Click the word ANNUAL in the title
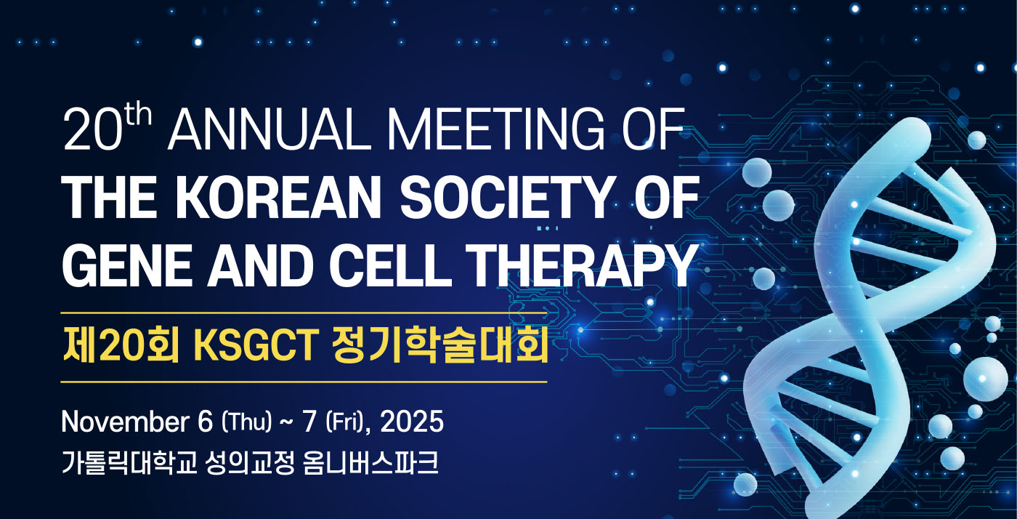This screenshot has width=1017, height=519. pos(269,129)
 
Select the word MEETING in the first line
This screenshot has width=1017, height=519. pos(495,129)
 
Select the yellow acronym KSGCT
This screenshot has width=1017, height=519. pos(256,345)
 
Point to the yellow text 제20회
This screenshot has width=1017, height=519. pos(121,345)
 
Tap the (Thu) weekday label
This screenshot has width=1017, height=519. pos(247,422)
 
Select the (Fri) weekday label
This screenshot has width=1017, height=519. pos(345,422)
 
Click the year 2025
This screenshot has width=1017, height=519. pos(412,422)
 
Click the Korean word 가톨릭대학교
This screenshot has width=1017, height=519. pos(129,463)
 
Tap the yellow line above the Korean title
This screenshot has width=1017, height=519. pos(304,313)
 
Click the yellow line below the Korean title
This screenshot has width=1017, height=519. pos(304,382)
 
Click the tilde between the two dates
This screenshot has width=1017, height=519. pos(287,423)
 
